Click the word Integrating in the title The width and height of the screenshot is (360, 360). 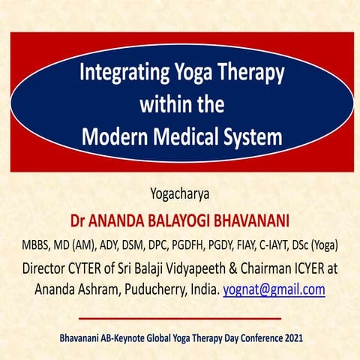pyautogui.click(x=118, y=75)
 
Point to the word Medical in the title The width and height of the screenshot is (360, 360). pyautogui.click(x=184, y=137)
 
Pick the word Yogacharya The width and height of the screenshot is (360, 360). pyautogui.click(x=180, y=196)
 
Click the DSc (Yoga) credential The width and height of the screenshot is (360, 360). pyautogui.click(x=327, y=244)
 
